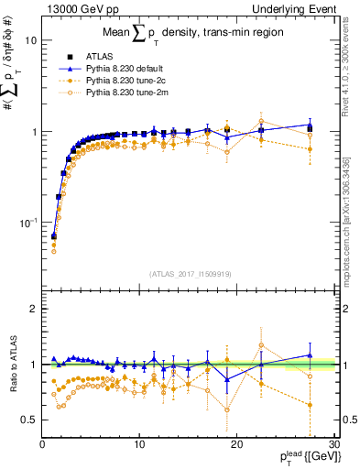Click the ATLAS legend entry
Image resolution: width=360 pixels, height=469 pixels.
coord(99,55)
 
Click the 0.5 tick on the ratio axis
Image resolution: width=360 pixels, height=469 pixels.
coord(29,420)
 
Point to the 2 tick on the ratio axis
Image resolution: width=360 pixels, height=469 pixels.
coord(33,309)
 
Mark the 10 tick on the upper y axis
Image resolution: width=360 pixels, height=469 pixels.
coord(29,40)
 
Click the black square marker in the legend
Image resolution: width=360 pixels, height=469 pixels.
coord(69,55)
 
